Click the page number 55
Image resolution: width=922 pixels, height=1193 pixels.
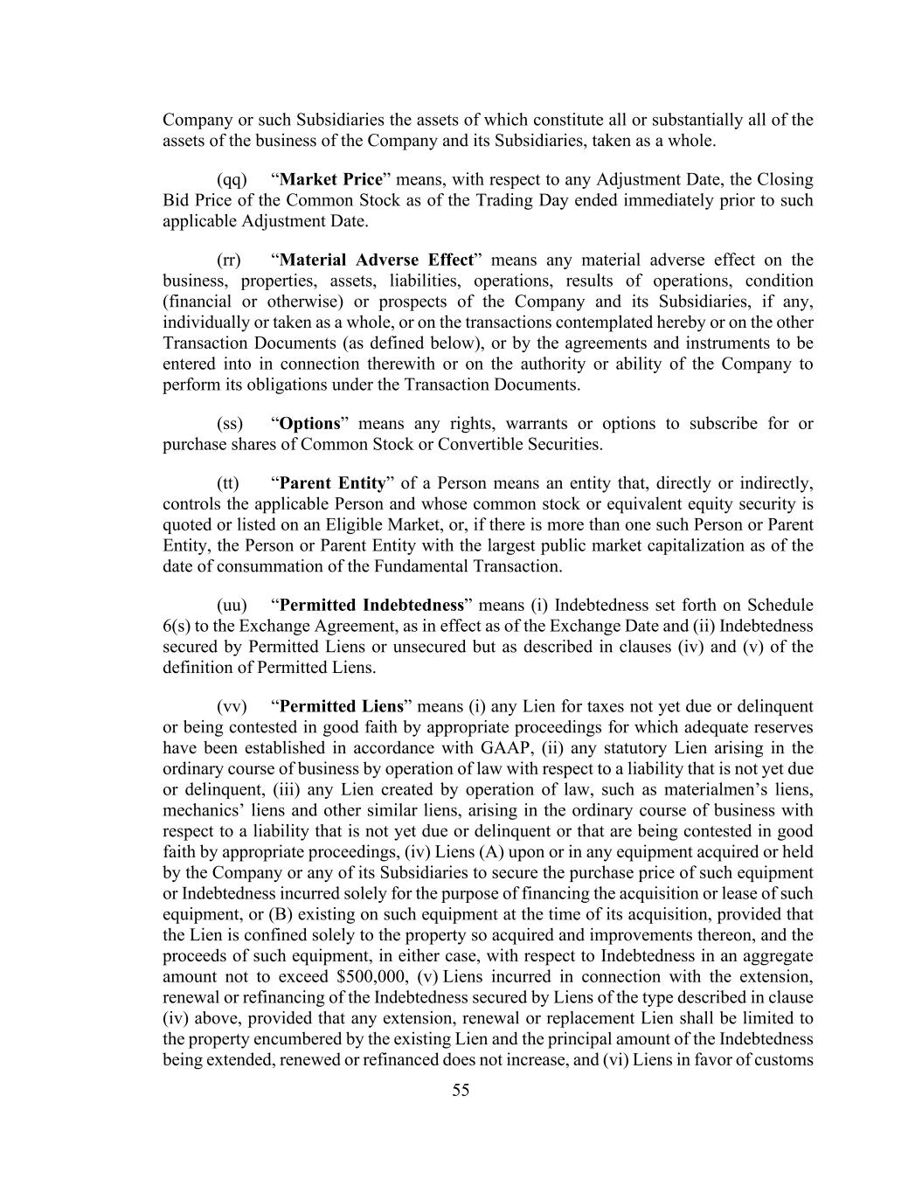point(461,1090)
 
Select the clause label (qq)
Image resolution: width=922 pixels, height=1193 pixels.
point(232,180)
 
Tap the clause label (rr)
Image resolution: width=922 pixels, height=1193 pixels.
point(228,260)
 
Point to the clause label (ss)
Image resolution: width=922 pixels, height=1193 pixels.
point(229,424)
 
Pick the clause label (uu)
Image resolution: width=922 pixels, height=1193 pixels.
point(232,606)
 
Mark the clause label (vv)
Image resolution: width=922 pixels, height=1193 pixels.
point(232,707)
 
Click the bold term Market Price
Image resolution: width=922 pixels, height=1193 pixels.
point(331,180)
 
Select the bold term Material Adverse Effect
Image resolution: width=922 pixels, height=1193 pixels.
point(376,260)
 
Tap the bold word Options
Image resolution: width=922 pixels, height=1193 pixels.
point(309,424)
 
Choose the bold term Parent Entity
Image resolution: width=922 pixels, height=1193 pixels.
point(332,483)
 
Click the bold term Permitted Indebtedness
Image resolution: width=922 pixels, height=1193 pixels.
point(371,606)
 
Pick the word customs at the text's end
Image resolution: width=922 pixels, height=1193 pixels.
point(788,1060)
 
